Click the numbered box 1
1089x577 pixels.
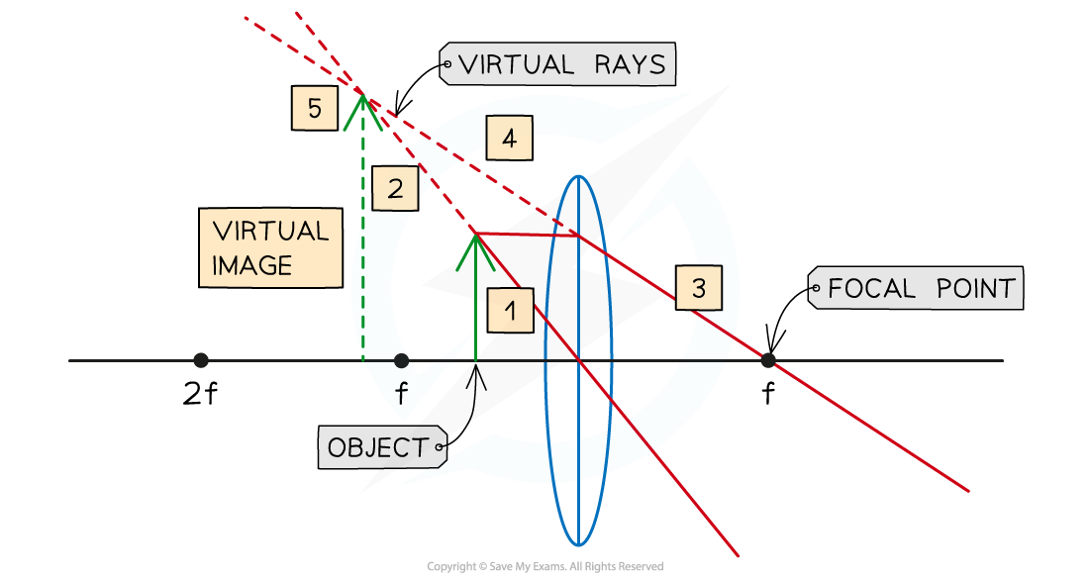click(510, 311)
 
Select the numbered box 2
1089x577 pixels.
click(395, 189)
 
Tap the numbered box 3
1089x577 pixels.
click(699, 288)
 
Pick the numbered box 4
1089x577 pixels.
click(508, 139)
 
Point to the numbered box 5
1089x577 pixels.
click(315, 108)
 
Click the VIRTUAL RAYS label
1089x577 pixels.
click(558, 65)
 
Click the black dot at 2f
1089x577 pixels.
click(201, 360)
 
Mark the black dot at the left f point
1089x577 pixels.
click(400, 360)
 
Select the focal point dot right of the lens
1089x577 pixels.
click(767, 360)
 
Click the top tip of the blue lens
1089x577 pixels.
click(578, 176)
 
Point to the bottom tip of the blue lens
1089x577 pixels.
click(578, 544)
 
